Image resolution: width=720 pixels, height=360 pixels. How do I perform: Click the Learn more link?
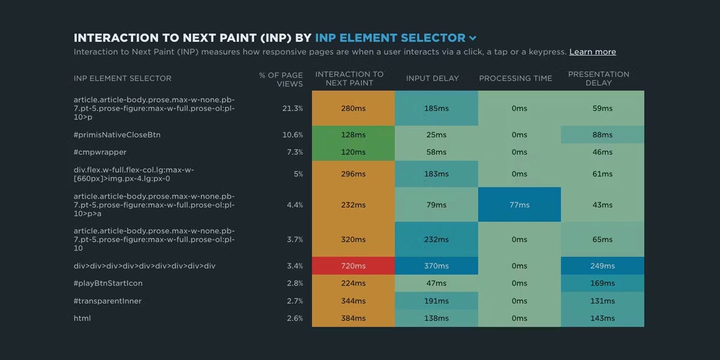click(x=592, y=52)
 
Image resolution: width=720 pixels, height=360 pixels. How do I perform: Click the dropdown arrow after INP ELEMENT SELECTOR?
click(x=473, y=38)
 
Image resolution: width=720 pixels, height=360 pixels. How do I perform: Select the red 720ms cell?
click(x=353, y=266)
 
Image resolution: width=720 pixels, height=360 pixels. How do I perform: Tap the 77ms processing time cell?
click(x=520, y=205)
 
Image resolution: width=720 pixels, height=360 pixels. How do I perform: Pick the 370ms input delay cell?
click(x=436, y=266)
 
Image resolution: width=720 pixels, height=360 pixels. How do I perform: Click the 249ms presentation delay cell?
click(x=602, y=266)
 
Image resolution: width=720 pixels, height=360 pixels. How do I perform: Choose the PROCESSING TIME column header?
click(x=515, y=79)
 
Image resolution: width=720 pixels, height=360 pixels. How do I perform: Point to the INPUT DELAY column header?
click(x=432, y=79)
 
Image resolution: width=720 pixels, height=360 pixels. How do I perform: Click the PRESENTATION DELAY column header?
click(x=598, y=79)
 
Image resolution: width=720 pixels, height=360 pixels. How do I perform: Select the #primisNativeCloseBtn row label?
click(x=117, y=135)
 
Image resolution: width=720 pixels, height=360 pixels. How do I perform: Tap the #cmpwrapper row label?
click(x=100, y=152)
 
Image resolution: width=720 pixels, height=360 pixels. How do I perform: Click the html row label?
click(x=82, y=318)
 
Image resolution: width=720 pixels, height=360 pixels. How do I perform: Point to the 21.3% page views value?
click(x=293, y=109)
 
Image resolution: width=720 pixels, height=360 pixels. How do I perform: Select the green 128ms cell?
click(x=353, y=135)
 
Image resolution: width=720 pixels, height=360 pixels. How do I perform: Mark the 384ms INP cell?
click(x=353, y=318)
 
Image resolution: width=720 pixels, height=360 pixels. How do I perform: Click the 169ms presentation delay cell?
click(x=602, y=283)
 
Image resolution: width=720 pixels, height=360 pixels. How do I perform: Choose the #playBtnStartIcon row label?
click(x=108, y=283)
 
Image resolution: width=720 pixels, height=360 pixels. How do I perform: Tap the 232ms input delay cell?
click(x=436, y=239)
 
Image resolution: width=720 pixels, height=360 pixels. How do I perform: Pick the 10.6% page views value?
click(x=293, y=135)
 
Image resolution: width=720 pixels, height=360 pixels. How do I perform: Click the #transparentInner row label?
click(x=107, y=301)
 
